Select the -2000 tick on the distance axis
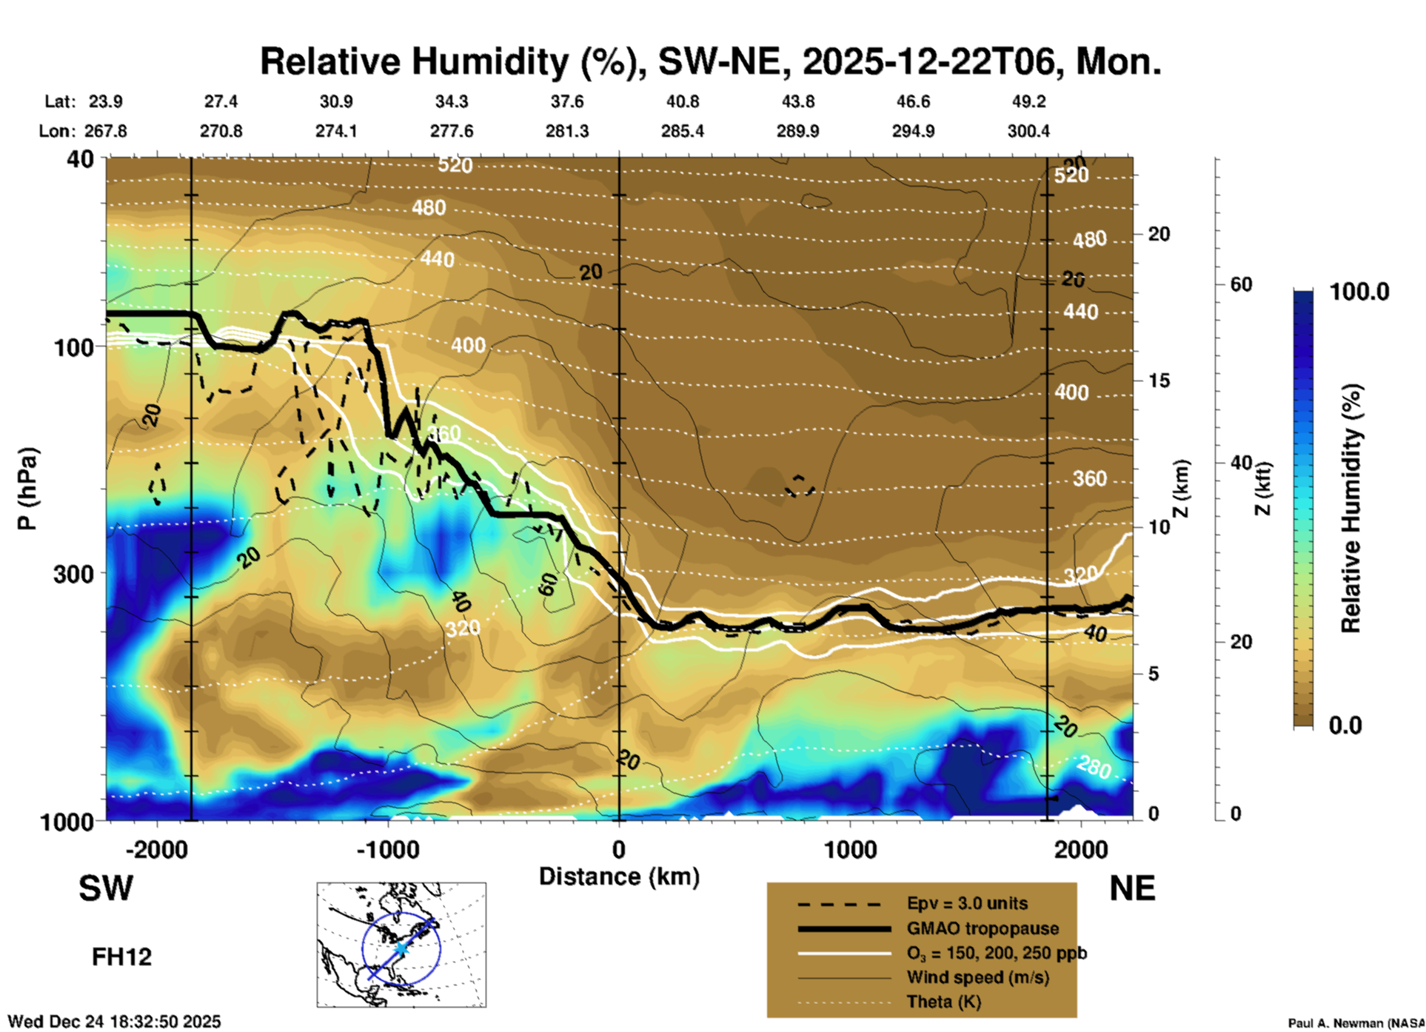click(x=156, y=849)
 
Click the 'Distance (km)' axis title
click(x=619, y=877)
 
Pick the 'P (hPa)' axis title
click(x=27, y=489)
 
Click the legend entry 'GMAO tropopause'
click(x=983, y=928)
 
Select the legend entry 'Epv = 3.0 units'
click(x=967, y=903)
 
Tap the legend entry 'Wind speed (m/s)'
click(x=977, y=977)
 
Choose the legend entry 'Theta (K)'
click(x=943, y=1002)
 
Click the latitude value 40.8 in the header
click(x=682, y=101)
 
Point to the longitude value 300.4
click(x=1028, y=131)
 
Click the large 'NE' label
click(x=1132, y=888)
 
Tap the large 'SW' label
click(x=106, y=888)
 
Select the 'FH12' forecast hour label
click(x=121, y=956)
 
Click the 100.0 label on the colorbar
click(x=1359, y=292)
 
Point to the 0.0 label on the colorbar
click(x=1345, y=725)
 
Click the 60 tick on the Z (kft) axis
click(x=1241, y=284)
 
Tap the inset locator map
click(x=401, y=944)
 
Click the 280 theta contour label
click(x=1094, y=768)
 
